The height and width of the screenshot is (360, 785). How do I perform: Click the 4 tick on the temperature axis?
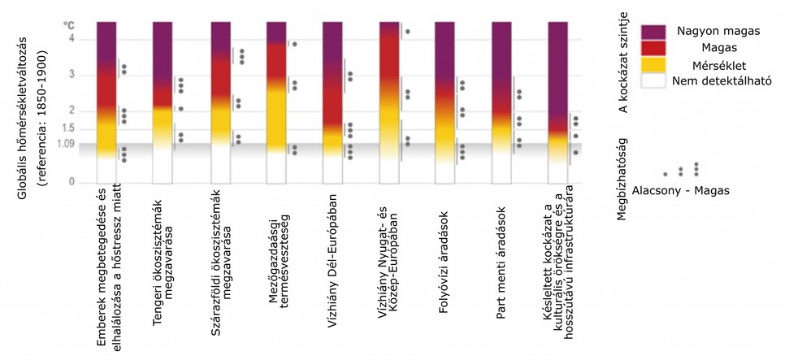(x=71, y=39)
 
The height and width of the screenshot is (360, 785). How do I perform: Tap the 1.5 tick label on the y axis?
(x=67, y=128)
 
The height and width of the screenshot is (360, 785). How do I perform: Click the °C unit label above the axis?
(x=69, y=26)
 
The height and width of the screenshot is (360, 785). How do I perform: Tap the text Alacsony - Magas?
(x=680, y=190)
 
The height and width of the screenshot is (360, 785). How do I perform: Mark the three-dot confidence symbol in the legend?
(x=696, y=169)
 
